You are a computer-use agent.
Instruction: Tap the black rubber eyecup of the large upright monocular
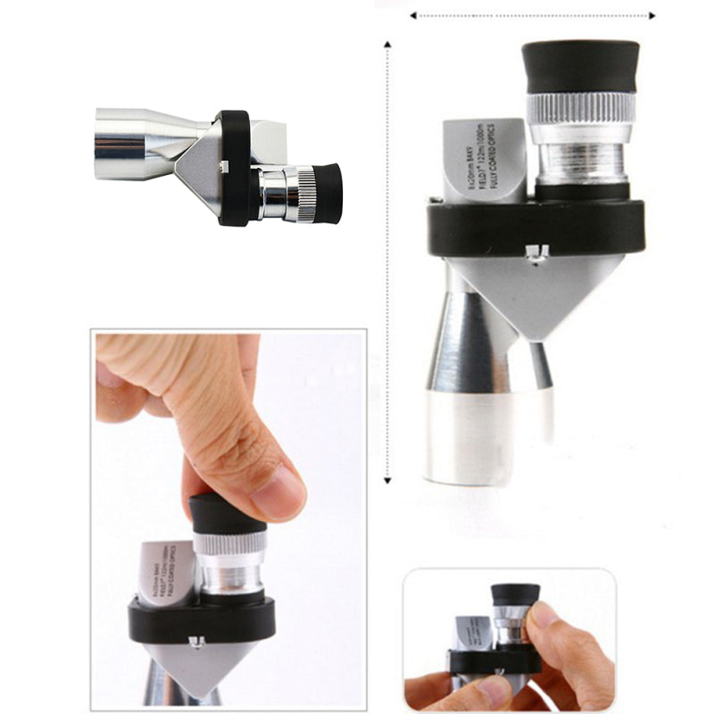(x=580, y=65)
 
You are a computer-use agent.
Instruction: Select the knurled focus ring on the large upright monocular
(x=580, y=109)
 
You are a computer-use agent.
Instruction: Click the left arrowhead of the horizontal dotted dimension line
(x=413, y=15)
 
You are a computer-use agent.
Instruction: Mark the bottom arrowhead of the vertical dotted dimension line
(x=387, y=480)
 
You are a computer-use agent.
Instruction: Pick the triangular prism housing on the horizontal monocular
(x=201, y=165)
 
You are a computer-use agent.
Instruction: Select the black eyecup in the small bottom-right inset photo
(x=515, y=595)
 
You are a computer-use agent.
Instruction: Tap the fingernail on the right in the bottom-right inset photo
(x=544, y=616)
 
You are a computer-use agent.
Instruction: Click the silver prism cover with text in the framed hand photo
(x=165, y=571)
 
